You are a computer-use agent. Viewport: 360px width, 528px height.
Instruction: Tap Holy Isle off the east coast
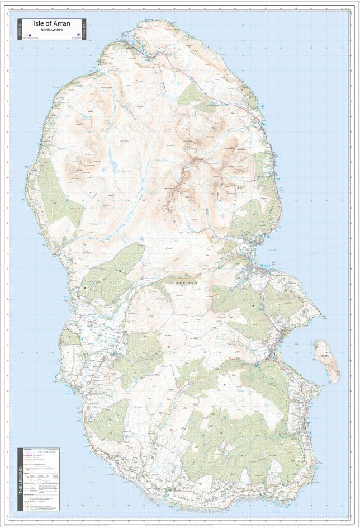click(326, 361)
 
